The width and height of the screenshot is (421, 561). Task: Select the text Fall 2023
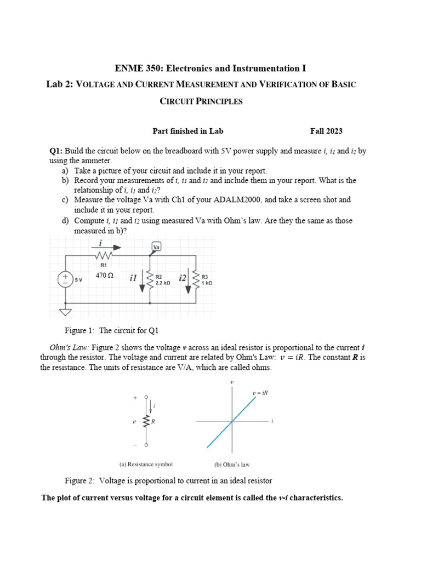(x=326, y=131)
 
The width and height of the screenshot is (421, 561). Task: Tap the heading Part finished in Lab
(x=187, y=131)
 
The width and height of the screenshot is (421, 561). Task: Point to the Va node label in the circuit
(x=156, y=247)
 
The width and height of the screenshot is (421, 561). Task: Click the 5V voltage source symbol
(x=65, y=279)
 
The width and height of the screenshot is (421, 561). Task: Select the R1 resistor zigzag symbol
(x=104, y=255)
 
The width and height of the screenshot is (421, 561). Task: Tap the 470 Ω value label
(x=104, y=276)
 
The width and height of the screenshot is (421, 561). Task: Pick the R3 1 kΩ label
(x=207, y=280)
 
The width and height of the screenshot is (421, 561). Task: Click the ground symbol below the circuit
(x=65, y=313)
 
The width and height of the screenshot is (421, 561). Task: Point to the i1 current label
(x=133, y=278)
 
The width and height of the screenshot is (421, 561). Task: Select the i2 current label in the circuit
(x=182, y=278)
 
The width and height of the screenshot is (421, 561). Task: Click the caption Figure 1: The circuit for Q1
(x=111, y=331)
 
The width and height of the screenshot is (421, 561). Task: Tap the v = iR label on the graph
(x=260, y=393)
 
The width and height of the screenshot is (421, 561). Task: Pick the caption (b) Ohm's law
(x=231, y=465)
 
